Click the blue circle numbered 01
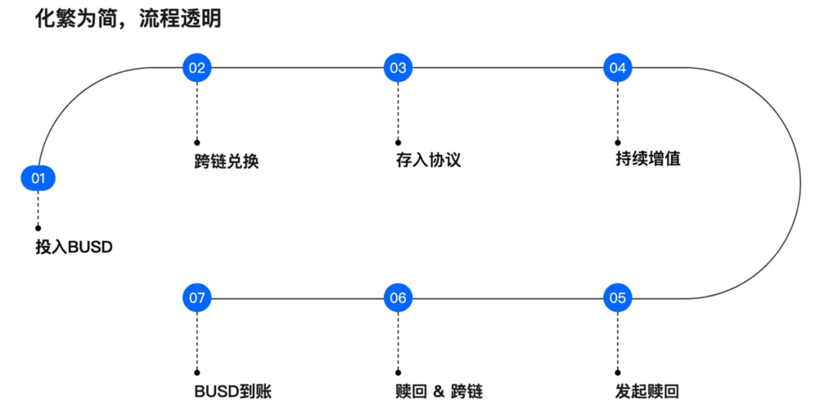(x=38, y=178)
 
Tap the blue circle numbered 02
(x=196, y=68)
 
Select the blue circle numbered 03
(x=398, y=68)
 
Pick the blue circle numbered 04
(x=617, y=68)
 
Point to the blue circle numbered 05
(x=617, y=298)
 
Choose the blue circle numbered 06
(x=398, y=298)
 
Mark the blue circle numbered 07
(x=196, y=298)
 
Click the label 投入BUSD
(x=74, y=246)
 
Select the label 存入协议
(x=428, y=159)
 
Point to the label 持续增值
(x=647, y=158)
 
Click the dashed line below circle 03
(x=398, y=111)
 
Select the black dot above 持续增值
(x=617, y=142)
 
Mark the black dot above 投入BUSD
(x=38, y=228)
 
